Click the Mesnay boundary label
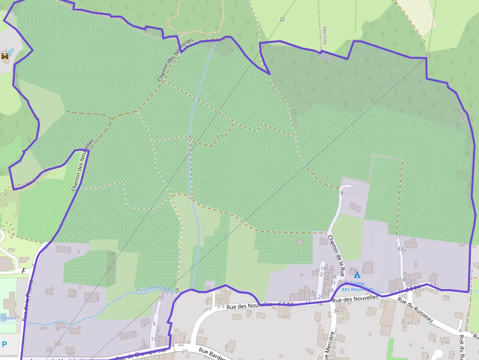tap(325, 36)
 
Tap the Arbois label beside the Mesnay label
tap(324, 57)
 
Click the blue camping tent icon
tap(357, 275)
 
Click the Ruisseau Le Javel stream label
tap(152, 288)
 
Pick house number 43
tap(400, 249)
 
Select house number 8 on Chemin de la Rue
tap(342, 193)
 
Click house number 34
tap(336, 311)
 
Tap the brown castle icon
tap(5, 57)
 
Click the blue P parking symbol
tap(4, 344)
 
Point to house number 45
tap(404, 280)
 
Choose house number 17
tap(311, 293)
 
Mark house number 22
tap(181, 344)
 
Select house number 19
tap(323, 269)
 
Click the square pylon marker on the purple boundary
tap(428, 56)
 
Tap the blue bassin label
tap(8, 318)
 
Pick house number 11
tap(153, 339)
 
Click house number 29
tap(331, 291)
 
